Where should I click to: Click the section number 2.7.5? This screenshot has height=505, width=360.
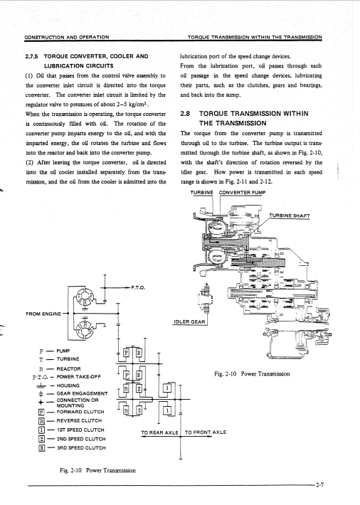[x=31, y=56]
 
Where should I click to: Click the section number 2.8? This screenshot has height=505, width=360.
[x=185, y=114]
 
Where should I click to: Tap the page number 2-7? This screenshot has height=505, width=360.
[x=319, y=484]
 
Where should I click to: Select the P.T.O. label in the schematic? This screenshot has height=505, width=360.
[x=138, y=287]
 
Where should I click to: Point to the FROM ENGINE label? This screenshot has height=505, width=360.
[x=43, y=314]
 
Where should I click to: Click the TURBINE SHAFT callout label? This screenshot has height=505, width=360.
[x=290, y=216]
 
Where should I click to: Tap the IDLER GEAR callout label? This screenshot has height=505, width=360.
[x=189, y=321]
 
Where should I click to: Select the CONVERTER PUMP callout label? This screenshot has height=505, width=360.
[x=242, y=193]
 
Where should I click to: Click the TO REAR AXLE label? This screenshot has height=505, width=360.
[x=159, y=432]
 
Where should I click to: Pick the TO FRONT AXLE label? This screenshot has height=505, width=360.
[x=206, y=432]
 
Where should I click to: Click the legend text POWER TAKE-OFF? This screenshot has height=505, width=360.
[x=79, y=376]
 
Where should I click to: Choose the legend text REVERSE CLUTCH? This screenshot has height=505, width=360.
[x=79, y=420]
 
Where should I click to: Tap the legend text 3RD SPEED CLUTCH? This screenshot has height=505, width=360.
[x=81, y=447]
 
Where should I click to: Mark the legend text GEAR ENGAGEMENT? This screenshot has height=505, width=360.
[x=83, y=393]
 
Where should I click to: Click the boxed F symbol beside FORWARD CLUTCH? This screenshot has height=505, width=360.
[x=41, y=412]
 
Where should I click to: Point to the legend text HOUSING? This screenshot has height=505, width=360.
[x=68, y=386]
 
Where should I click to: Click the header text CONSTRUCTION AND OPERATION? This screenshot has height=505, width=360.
[x=67, y=37]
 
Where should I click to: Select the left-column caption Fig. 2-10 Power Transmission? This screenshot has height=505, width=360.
[x=97, y=471]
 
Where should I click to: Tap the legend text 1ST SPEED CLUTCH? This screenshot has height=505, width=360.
[x=80, y=430]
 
